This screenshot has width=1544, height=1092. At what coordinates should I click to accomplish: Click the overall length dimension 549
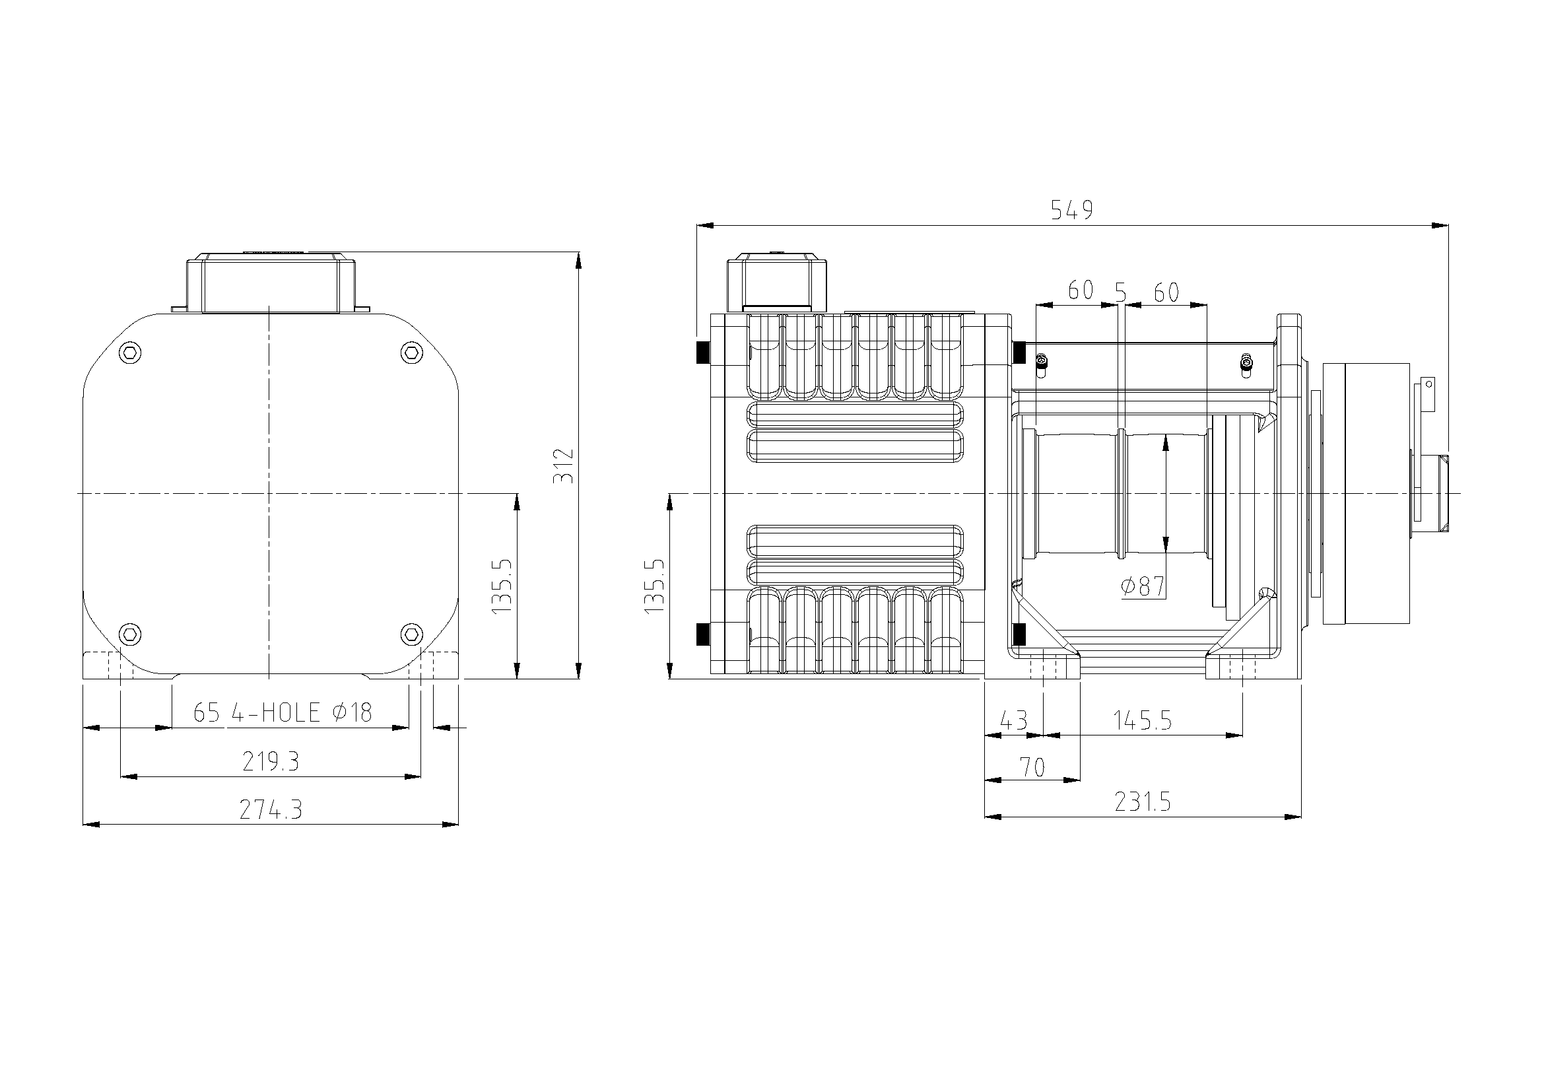coord(1072,211)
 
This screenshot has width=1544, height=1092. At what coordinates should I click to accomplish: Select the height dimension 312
coord(564,465)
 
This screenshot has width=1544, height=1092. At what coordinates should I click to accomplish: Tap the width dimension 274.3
coord(271,809)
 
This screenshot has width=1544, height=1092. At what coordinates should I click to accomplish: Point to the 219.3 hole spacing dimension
coord(271,762)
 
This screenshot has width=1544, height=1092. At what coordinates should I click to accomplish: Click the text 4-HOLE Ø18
coord(301,713)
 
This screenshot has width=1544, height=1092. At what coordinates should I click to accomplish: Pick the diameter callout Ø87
coord(1143,586)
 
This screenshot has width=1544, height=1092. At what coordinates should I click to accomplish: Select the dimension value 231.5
coord(1143,802)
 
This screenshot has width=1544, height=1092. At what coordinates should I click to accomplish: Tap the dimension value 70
coord(1032,767)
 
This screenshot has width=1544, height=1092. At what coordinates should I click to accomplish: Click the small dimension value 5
coord(1120,292)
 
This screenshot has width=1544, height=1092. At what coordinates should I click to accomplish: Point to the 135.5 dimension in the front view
coord(502,585)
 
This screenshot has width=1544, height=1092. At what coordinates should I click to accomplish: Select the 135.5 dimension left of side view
coord(654,585)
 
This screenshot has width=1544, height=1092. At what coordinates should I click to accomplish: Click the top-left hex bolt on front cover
coord(130,353)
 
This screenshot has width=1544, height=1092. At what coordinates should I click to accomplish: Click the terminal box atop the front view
coord(271,283)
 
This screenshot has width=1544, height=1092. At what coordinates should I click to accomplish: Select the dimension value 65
coord(207,713)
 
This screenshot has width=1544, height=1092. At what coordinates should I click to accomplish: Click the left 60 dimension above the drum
coord(1081,290)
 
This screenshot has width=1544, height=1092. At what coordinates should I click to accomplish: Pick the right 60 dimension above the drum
coord(1166,292)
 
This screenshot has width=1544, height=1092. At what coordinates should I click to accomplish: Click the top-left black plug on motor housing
coord(703,352)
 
